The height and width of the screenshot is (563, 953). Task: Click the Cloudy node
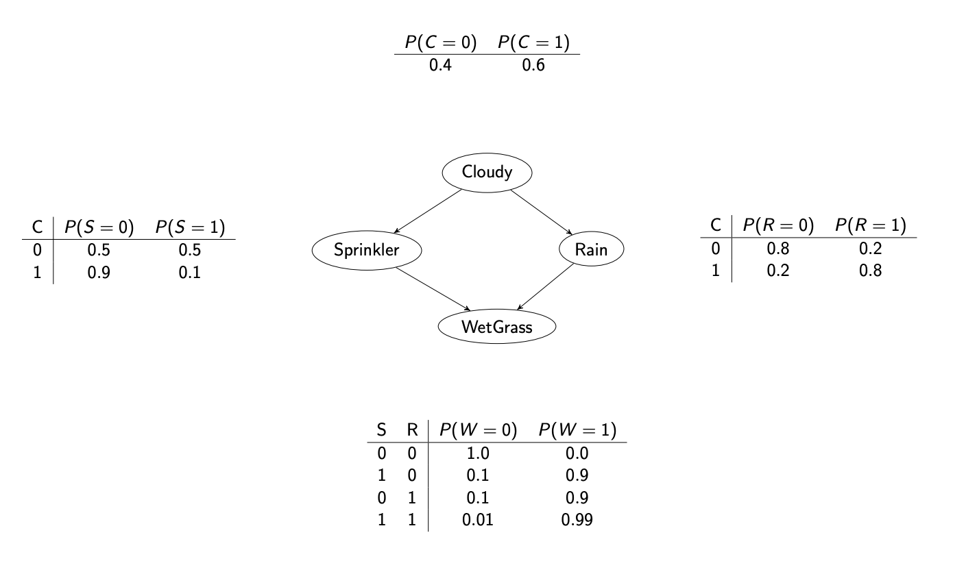tap(487, 173)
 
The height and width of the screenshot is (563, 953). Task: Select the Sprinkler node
tap(367, 250)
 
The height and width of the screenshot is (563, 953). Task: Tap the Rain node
tap(592, 249)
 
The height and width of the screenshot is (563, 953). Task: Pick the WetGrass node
tap(497, 326)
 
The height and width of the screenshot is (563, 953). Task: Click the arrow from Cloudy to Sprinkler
tap(428, 211)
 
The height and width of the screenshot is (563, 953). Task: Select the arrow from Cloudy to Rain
tap(541, 212)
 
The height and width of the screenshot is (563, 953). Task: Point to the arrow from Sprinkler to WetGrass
tap(433, 289)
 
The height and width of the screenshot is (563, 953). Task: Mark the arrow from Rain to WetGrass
tap(546, 287)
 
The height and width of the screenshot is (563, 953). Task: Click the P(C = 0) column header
tap(441, 42)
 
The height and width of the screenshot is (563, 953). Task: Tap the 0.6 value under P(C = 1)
tap(533, 65)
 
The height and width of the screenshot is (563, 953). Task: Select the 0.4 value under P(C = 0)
tap(440, 65)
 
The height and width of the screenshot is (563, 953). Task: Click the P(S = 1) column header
tap(190, 227)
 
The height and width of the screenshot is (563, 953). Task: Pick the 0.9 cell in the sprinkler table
tap(99, 273)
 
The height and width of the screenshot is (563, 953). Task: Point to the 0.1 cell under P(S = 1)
tap(189, 273)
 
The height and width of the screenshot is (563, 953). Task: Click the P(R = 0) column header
tap(778, 225)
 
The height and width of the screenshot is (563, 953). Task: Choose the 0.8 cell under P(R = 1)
tap(870, 271)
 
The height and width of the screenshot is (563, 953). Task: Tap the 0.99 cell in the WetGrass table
tap(577, 520)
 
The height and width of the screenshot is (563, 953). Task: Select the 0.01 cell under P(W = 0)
tap(478, 520)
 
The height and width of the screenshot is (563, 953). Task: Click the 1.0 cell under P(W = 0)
tap(478, 453)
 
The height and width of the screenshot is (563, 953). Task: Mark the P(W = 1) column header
tap(577, 429)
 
